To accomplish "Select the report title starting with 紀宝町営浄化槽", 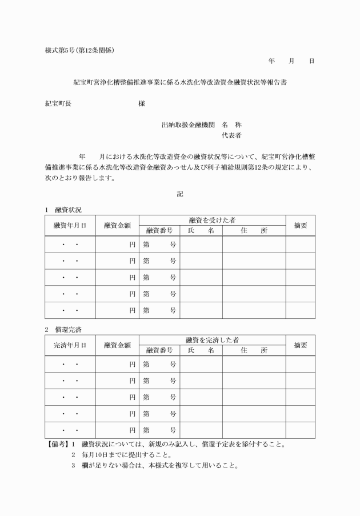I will pos(180,82).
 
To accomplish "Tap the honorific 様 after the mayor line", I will pos(142,104).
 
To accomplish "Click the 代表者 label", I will pos(231,136).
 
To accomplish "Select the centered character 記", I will pos(180,194).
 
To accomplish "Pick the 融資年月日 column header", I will pos(70,225).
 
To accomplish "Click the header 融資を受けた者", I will pos(212,220).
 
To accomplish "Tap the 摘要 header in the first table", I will pos(301,225).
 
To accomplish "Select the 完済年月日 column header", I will pos(70,345).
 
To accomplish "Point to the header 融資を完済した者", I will pos(212,340).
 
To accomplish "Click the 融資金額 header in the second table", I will pos(117,345).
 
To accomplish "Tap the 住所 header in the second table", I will pos(254,350).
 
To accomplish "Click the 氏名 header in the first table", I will pos(201,230).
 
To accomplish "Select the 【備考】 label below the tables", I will pos(57,444).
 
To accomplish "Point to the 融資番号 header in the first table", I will pos(159,230).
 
